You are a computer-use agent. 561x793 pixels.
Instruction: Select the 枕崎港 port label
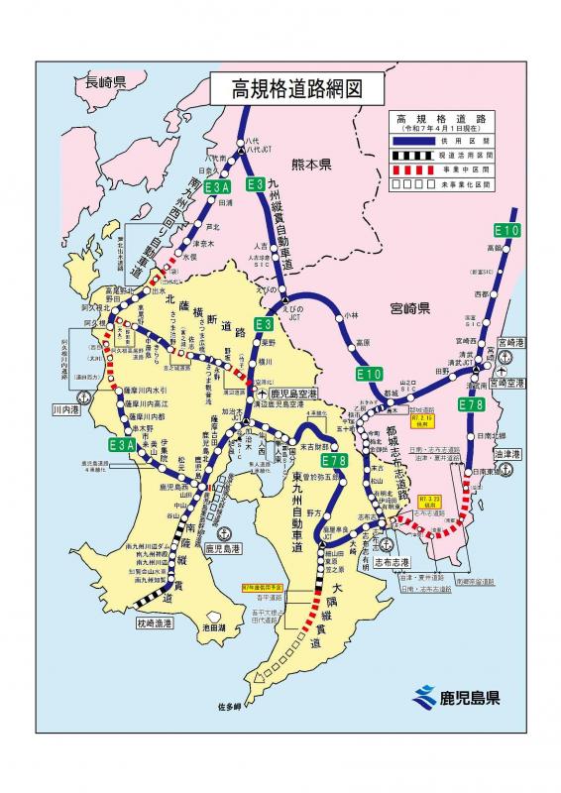click(x=156, y=623)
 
